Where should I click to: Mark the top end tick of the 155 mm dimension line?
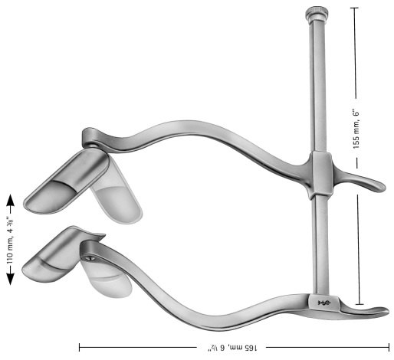pos(354,8)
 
